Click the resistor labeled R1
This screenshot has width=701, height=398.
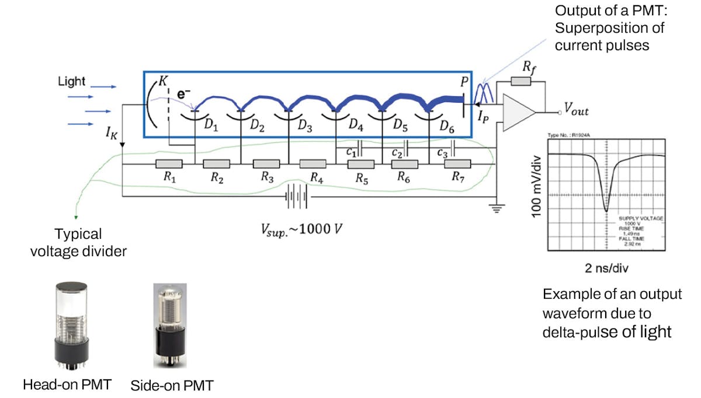point(169,164)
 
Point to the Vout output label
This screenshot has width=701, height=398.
point(575,108)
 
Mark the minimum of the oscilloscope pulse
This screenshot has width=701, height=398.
point(606,211)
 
